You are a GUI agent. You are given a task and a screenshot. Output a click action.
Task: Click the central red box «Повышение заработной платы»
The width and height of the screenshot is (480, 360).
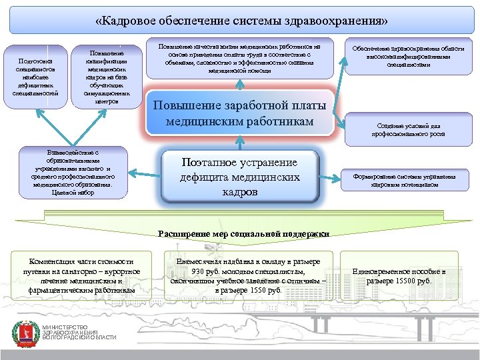pyautogui.click(x=240, y=113)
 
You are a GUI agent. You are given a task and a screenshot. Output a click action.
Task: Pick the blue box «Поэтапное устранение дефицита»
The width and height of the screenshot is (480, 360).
pyautogui.click(x=240, y=177)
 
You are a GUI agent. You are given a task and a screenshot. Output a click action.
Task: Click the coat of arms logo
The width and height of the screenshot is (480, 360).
pyautogui.click(x=25, y=333)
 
